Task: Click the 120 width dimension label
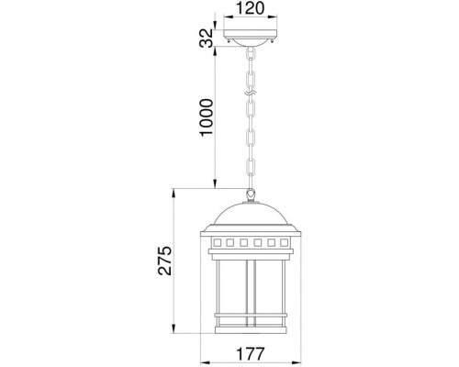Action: (x=250, y=8)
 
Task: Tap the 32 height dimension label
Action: (x=206, y=38)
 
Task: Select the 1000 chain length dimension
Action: (x=206, y=117)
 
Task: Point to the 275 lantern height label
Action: (x=165, y=260)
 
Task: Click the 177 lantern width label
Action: (x=250, y=354)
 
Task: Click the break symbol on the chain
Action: (x=250, y=93)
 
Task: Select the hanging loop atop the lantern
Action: (x=251, y=194)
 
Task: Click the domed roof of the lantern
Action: (x=251, y=214)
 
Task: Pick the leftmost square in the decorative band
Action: (x=217, y=242)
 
